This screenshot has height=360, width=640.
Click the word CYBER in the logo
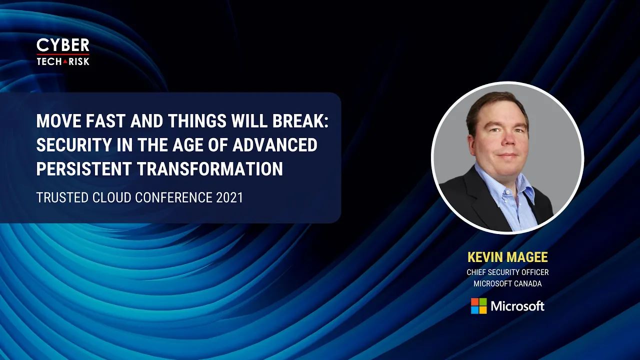coord(63,45)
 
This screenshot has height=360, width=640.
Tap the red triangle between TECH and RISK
coord(65,61)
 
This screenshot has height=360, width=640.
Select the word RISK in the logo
coord(79,61)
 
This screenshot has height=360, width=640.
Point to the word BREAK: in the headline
coord(300,121)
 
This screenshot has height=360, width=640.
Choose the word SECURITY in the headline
coord(73,145)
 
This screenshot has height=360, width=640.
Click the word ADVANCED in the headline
coord(275,145)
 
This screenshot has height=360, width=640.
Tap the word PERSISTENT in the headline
coord(84,168)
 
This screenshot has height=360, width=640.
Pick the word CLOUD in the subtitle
coord(111,197)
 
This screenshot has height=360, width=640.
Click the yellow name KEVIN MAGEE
coord(507,257)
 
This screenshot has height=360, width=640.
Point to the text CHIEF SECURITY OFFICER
coord(507,272)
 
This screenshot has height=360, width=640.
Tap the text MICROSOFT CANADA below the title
coord(507,283)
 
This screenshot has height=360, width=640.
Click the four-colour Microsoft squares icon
coord(479,306)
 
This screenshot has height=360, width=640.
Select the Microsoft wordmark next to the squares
coord(517,306)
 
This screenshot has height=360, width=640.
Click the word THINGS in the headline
coord(197,121)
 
